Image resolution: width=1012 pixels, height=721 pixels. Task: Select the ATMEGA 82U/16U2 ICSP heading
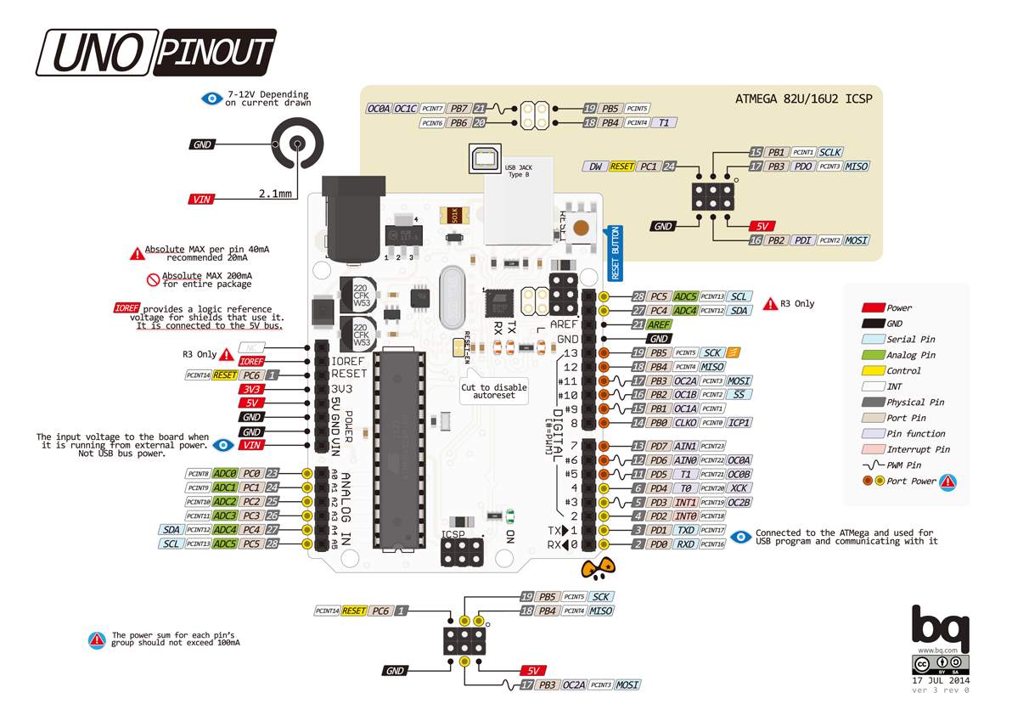coord(803,99)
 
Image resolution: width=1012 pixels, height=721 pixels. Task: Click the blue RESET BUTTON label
coord(616,253)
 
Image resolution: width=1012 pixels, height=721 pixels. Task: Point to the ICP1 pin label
coord(739,422)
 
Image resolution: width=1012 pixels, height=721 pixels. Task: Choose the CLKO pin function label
coord(686,422)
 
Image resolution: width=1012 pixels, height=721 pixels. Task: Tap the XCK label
coord(739,488)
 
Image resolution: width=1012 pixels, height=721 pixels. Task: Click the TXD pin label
coord(686,530)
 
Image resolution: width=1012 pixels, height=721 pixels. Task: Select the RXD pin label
coord(686,544)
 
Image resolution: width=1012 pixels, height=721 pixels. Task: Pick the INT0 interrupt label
coord(686,515)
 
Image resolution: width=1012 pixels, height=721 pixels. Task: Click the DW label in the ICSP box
coord(595,166)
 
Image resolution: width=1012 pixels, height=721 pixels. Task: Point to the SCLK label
coord(830,152)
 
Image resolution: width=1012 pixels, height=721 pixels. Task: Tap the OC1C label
coord(406,109)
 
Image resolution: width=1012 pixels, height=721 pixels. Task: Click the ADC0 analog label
coord(225,474)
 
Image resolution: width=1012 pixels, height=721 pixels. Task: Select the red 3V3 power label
coord(250,389)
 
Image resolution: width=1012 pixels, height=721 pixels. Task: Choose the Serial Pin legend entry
coord(910,339)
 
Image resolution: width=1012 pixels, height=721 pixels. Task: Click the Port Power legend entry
coord(911,482)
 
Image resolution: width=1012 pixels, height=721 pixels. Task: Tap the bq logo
coord(940,625)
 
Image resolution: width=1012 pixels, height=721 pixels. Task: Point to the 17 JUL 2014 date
coord(941,680)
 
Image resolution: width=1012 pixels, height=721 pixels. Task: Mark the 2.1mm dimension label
coord(275,194)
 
